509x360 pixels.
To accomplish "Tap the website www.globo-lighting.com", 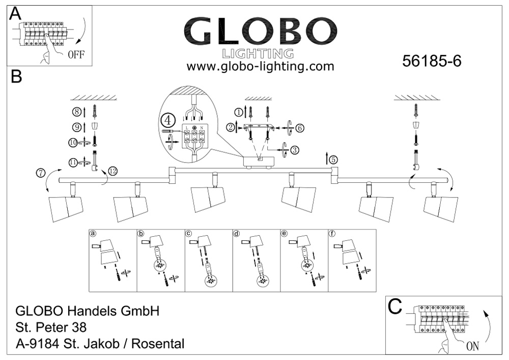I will (260, 66).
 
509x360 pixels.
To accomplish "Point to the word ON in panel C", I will (472, 346).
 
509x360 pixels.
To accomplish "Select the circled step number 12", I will (112, 172).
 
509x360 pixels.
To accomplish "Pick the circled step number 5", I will (333, 159).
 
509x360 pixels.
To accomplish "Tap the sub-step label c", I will (188, 234).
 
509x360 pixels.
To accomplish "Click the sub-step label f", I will (332, 234).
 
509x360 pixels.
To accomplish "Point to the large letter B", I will (16, 77).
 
